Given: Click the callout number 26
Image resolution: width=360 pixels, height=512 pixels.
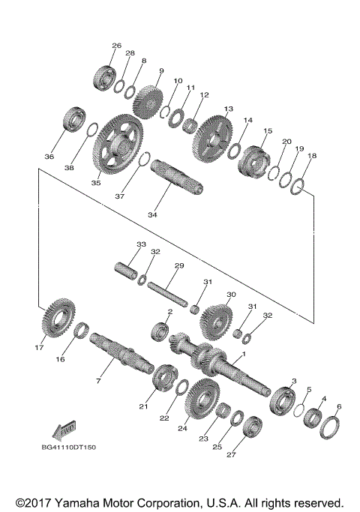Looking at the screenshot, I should pyautogui.click(x=116, y=46).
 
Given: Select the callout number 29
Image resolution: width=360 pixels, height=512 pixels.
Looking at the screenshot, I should pyautogui.click(x=178, y=266).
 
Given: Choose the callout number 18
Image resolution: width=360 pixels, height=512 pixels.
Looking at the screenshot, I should pyautogui.click(x=312, y=157).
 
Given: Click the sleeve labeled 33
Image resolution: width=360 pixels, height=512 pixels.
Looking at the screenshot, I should pyautogui.click(x=127, y=268).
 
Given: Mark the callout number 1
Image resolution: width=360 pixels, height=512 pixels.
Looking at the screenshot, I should pyautogui.click(x=242, y=354).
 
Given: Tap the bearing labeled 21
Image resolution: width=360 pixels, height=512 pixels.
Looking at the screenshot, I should pyautogui.click(x=163, y=376).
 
